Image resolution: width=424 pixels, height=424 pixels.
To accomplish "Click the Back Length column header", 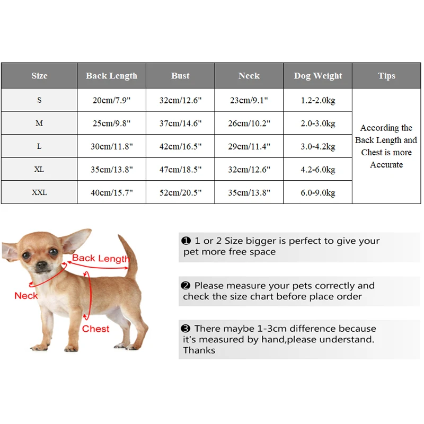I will tap(111, 76).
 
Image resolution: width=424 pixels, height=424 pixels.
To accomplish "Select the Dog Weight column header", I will tap(318, 76).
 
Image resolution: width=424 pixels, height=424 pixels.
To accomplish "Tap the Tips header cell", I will tap(386, 76).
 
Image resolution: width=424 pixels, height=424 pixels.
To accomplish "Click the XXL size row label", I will tap(39, 192).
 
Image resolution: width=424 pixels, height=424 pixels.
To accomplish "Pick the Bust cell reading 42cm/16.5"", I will tap(180, 146).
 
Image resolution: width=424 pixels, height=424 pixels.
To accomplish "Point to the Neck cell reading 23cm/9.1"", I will tap(249, 100).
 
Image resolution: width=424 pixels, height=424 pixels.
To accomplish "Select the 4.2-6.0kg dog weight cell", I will tap(318, 170).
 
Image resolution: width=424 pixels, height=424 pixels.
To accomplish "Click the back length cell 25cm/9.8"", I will tap(111, 123).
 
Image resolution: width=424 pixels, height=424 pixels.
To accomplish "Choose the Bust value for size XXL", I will tap(180, 192).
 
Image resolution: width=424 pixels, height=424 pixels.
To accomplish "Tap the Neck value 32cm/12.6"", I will tap(249, 170).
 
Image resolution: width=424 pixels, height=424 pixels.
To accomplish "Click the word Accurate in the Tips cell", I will tap(386, 165).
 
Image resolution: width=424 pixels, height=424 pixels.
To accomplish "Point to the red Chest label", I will tap(95, 329).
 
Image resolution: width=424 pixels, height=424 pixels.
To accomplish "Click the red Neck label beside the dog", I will tap(26, 295).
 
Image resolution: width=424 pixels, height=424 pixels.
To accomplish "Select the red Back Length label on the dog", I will tap(101, 259).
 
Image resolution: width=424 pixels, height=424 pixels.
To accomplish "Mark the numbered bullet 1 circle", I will tap(186, 241).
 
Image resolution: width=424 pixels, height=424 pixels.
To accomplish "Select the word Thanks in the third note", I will tap(199, 350).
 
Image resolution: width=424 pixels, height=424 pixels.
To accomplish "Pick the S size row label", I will tap(39, 100).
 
